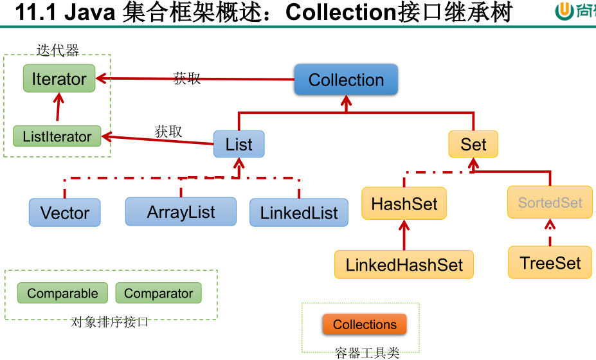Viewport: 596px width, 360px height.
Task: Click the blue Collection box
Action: coord(346,80)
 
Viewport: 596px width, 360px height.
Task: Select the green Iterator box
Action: coord(59,79)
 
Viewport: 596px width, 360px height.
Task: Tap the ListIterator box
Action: coord(57,136)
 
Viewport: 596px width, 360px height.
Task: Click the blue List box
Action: coord(239,145)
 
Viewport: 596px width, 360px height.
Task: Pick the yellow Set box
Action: coord(473,145)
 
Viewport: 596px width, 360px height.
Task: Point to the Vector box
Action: coord(64,213)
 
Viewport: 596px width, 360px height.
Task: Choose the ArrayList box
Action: coord(181,212)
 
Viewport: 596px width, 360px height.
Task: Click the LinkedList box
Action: coord(299,213)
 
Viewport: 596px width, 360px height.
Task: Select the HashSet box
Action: coord(404,204)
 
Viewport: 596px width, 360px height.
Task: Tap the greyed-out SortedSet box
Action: coord(550,203)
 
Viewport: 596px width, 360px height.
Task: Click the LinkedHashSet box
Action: coord(404,265)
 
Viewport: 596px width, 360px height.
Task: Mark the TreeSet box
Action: coord(550,263)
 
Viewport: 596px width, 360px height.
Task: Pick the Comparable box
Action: coord(62,293)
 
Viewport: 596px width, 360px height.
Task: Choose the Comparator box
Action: coord(158,293)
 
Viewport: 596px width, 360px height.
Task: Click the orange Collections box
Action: coord(365,325)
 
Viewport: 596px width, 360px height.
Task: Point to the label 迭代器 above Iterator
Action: coord(58,50)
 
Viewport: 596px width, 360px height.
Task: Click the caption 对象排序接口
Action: coord(110,322)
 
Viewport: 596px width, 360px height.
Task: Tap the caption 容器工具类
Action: coord(367,352)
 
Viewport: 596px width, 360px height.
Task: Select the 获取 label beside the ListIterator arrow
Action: coord(168,131)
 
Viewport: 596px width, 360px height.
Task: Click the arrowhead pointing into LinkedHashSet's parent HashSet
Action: coord(404,224)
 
